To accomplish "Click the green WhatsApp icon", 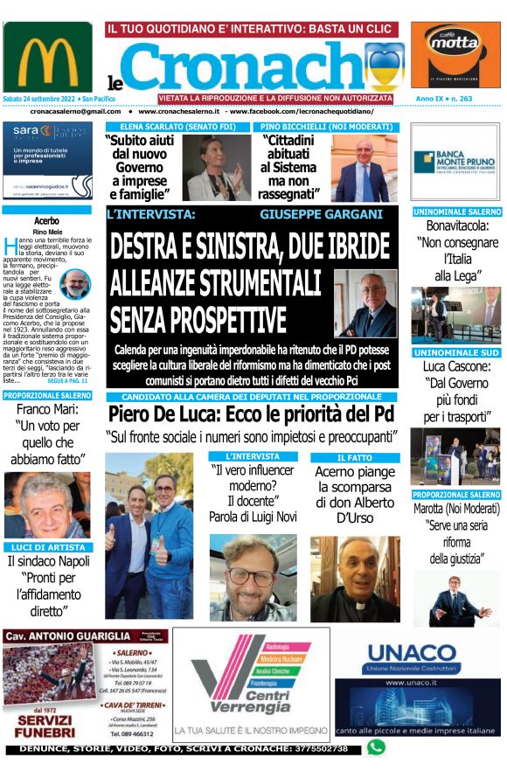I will (376, 747).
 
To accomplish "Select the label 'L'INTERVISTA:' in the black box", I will (150, 213).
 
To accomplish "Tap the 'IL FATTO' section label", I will (355, 457).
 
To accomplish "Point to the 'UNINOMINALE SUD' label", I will (456, 352).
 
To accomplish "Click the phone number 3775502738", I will (310, 749).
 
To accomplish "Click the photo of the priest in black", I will (355, 577).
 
